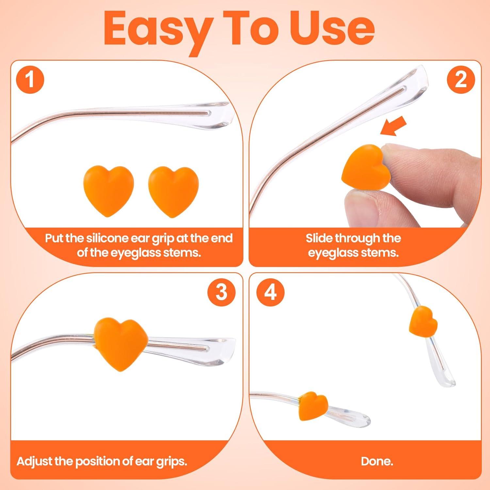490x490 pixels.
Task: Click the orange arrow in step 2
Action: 394,126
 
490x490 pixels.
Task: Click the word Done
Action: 377,461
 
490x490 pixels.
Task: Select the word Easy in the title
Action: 155,30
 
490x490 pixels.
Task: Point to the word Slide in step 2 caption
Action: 319,238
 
